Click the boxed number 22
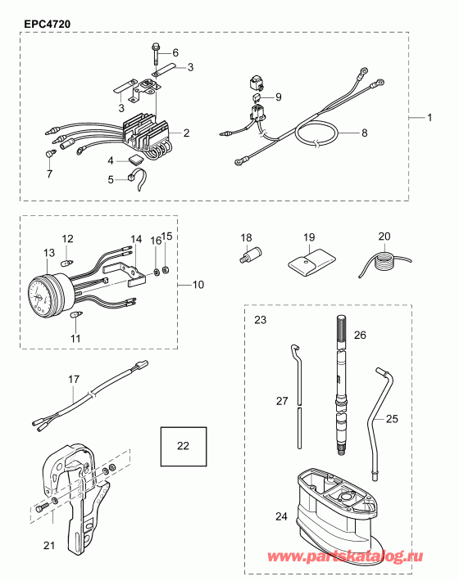[x=183, y=446]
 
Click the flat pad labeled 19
[x=309, y=262]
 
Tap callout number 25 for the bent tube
[x=391, y=418]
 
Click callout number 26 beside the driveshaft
[x=359, y=334]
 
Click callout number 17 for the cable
[x=73, y=379]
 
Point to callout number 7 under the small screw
[x=48, y=173]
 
